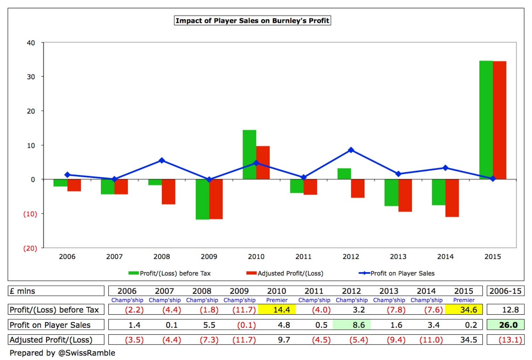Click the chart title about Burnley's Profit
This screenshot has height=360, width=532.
tap(252, 20)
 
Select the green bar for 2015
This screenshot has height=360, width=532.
tap(486, 120)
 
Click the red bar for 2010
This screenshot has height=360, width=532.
tap(263, 163)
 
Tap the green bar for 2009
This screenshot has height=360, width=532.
tap(202, 199)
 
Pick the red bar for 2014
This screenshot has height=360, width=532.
tap(452, 198)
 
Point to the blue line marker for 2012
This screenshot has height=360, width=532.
tap(351, 150)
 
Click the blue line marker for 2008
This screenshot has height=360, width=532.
tap(162, 160)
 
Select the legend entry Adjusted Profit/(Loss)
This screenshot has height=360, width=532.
tap(285, 273)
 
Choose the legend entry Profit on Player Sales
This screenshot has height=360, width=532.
tap(397, 273)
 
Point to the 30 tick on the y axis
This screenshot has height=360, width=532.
tap(31, 77)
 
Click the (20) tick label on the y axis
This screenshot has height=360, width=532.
tap(30, 248)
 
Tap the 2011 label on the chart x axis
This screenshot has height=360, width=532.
tap(304, 257)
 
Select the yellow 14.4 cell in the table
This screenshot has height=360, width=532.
tap(277, 310)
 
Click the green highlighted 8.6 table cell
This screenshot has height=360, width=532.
tap(351, 325)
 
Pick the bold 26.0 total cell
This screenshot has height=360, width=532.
tap(506, 325)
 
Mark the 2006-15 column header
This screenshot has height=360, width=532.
tap(506, 291)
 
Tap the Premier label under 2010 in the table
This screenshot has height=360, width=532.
tap(277, 300)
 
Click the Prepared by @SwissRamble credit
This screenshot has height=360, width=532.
tap(62, 353)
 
